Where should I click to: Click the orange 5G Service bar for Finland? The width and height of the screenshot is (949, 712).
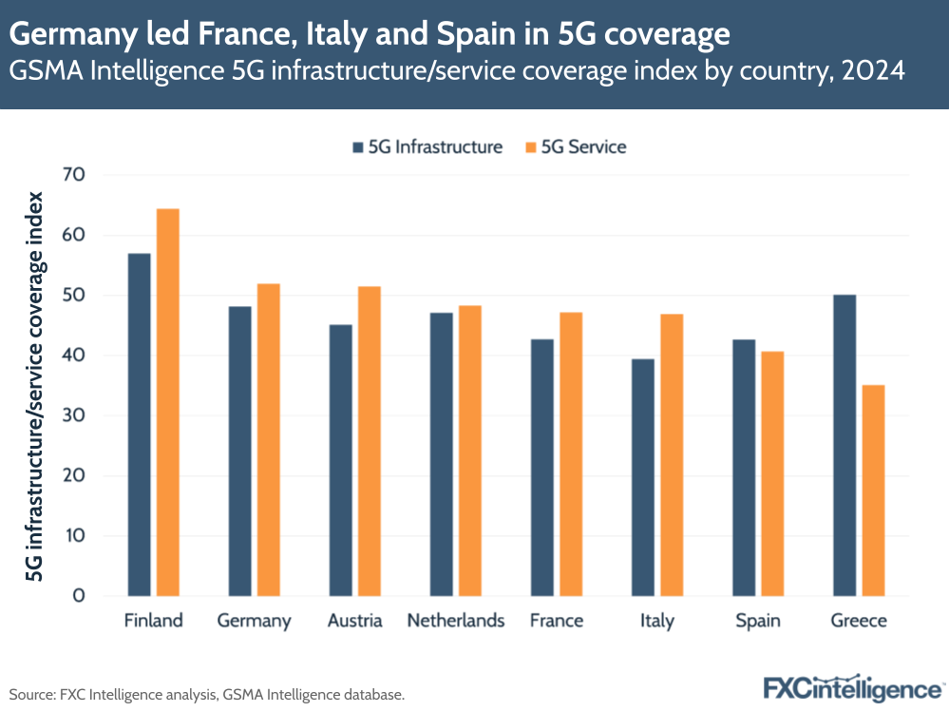pyautogui.click(x=167, y=402)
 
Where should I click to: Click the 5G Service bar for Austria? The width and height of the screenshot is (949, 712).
pyautogui.click(x=369, y=441)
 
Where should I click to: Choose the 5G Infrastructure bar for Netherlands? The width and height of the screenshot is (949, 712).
pyautogui.click(x=441, y=453)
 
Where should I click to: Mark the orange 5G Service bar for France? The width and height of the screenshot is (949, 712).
pyautogui.click(x=570, y=453)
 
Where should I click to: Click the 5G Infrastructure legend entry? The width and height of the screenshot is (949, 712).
pyautogui.click(x=427, y=146)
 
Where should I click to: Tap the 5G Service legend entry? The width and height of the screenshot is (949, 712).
pyautogui.click(x=575, y=146)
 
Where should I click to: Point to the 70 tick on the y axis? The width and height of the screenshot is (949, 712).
pyautogui.click(x=73, y=175)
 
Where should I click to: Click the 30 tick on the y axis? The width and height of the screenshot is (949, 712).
pyautogui.click(x=73, y=415)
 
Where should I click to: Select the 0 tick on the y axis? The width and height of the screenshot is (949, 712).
pyautogui.click(x=79, y=596)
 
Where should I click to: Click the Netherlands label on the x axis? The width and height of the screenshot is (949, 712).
pyautogui.click(x=456, y=621)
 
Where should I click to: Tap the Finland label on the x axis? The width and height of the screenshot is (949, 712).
pyautogui.click(x=153, y=621)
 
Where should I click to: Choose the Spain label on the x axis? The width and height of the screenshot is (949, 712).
pyautogui.click(x=758, y=621)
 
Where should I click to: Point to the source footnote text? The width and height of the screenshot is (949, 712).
pyautogui.click(x=207, y=695)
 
